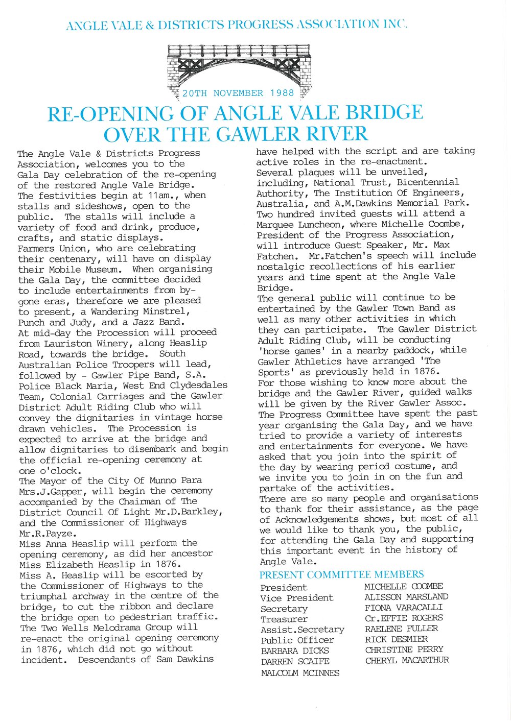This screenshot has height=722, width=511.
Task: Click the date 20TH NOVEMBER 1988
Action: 238,93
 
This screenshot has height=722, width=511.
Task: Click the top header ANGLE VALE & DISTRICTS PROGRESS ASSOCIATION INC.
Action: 237,25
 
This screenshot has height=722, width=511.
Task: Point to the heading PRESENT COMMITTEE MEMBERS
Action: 341,575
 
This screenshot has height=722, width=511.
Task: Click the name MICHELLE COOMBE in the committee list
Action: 404,587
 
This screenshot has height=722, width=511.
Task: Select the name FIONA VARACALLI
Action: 404,608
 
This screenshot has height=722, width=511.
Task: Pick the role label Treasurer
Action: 284,619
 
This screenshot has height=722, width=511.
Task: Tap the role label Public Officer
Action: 297,640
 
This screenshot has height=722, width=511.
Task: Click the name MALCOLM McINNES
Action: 300,672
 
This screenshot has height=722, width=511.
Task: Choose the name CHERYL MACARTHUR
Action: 407,660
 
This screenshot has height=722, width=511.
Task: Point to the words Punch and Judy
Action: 57,322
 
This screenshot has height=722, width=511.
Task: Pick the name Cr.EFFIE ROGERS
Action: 404,618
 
